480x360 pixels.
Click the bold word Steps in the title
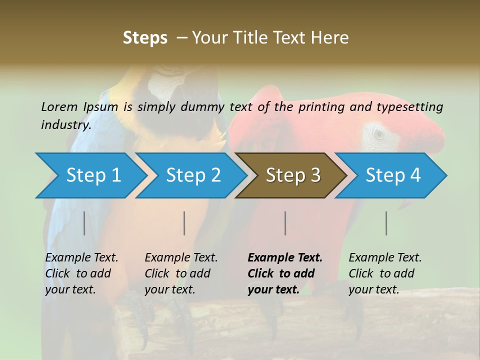145,38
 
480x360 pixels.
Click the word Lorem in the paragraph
59,106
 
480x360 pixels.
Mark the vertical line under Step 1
84,223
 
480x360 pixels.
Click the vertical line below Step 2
184,223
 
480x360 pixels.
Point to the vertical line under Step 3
285,223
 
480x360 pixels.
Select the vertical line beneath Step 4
386,223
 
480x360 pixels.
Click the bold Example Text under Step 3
285,257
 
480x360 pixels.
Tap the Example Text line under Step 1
81,257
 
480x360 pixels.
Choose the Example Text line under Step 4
385,257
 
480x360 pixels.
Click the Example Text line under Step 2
181,257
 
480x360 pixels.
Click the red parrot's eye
379,133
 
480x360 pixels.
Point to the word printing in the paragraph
321,106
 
